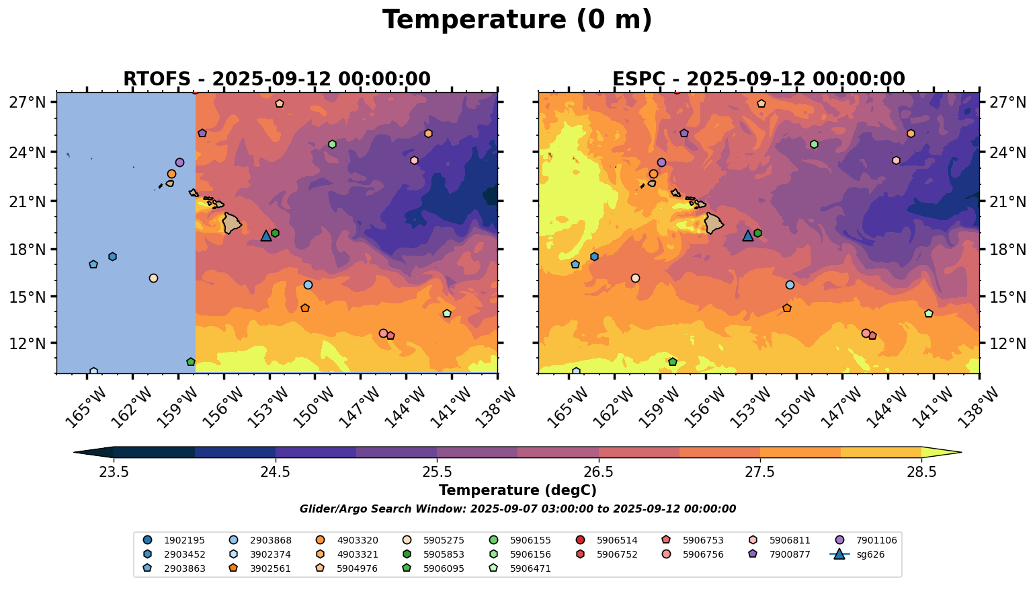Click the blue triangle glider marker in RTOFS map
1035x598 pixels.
266,235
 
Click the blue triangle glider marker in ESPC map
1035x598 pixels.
748,235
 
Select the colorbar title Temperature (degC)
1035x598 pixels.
517,490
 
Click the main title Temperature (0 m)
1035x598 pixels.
517,20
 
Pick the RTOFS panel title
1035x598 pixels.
277,79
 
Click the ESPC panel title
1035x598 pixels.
759,79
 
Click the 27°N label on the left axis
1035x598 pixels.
28,103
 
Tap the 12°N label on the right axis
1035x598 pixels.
1007,344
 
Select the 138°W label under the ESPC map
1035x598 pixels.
979,407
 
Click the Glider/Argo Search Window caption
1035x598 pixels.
517,509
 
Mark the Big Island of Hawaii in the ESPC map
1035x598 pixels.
713,223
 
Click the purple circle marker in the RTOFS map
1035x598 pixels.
179,163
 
